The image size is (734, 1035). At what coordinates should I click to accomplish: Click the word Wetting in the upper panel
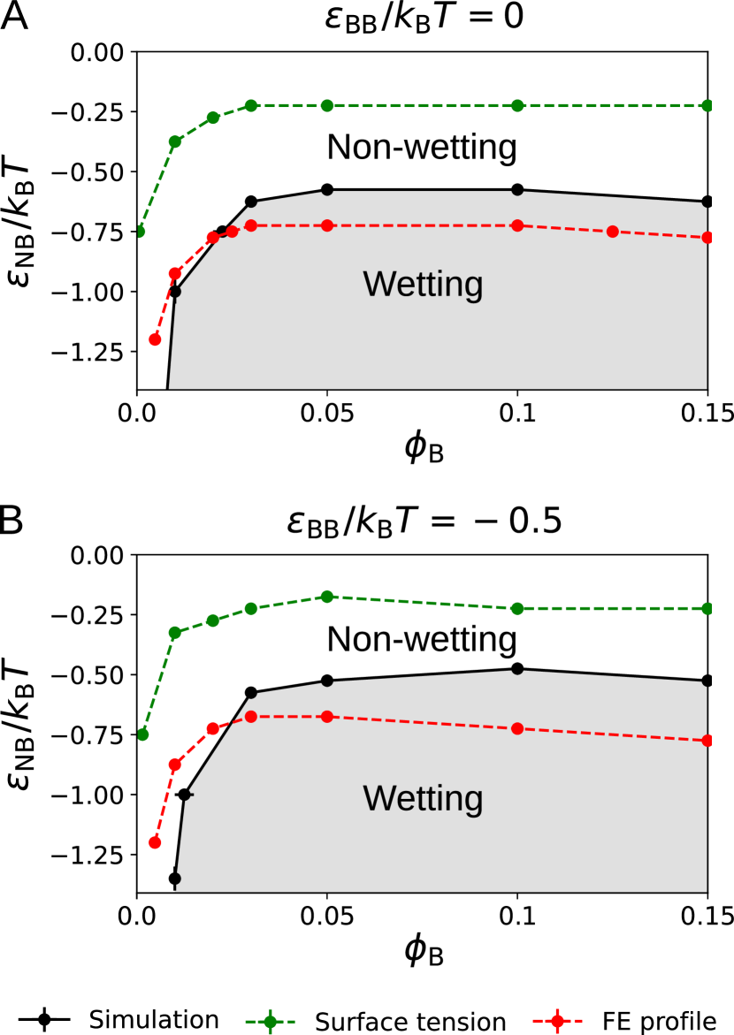point(423,285)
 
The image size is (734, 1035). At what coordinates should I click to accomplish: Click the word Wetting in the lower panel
point(423,799)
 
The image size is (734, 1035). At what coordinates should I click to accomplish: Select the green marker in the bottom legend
point(270,1022)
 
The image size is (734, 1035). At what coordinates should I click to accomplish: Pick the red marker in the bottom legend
point(557,1021)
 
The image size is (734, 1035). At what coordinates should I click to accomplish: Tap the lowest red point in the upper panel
point(156,339)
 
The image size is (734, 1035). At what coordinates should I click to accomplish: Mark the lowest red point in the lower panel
point(156,842)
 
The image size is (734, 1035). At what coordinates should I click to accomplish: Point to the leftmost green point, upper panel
point(139,232)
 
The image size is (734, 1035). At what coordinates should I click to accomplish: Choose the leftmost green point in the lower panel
point(143,734)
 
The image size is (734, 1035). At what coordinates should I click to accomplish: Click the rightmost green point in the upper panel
point(707,105)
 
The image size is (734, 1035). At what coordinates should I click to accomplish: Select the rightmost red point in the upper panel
point(707,238)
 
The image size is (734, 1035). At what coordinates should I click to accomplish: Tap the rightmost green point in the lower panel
point(707,608)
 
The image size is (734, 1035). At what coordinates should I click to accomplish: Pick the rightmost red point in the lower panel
point(707,740)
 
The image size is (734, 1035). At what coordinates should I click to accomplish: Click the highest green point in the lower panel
point(327,597)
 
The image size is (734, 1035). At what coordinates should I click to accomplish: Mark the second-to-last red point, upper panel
point(612,232)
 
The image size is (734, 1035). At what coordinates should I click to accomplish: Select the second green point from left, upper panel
point(175,141)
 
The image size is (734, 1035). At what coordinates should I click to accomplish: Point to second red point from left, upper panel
point(175,273)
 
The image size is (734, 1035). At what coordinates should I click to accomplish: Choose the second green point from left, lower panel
point(175,633)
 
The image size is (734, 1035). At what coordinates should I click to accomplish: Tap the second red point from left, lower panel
point(175,765)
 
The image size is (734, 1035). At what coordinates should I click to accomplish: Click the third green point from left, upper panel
point(213,118)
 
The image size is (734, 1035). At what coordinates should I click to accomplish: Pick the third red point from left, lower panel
point(213,729)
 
